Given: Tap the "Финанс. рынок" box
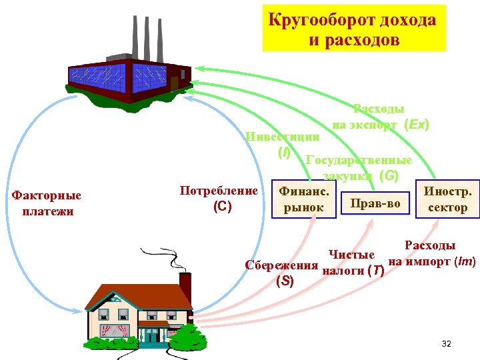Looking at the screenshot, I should coord(303,199).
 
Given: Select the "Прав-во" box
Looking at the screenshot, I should coord(375,203).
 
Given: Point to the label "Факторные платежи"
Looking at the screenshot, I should coord(47,203).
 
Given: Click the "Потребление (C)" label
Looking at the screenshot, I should coord(219,199).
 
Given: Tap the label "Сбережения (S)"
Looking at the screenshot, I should coord(282,273).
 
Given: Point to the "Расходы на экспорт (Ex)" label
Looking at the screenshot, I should coord(380,117).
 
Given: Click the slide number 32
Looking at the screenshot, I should coord(446,344).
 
